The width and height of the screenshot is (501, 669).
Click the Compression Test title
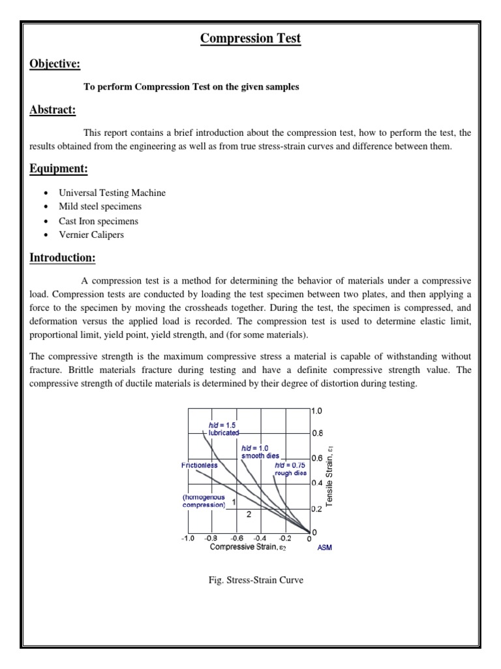(250, 39)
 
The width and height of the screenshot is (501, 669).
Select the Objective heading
(55, 63)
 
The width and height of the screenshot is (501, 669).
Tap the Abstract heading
(53, 110)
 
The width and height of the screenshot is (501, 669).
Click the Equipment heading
(59, 169)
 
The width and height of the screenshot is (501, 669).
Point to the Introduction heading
(63, 257)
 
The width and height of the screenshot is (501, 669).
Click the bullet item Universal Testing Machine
(112, 193)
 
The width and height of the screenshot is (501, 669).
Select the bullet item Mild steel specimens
(100, 206)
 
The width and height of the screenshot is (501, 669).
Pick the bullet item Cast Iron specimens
(99, 221)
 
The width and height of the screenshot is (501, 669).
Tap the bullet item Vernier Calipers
(91, 235)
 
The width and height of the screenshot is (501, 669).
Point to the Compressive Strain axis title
(247, 547)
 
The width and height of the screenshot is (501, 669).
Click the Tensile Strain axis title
(330, 476)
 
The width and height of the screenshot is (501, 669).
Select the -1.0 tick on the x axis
(187, 539)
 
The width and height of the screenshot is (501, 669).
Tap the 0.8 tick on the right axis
(317, 432)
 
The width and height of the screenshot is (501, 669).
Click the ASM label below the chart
(324, 547)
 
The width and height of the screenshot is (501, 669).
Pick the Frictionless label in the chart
(200, 465)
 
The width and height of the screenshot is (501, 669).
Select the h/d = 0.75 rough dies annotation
(290, 468)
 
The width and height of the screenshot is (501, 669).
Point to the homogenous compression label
(204, 500)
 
